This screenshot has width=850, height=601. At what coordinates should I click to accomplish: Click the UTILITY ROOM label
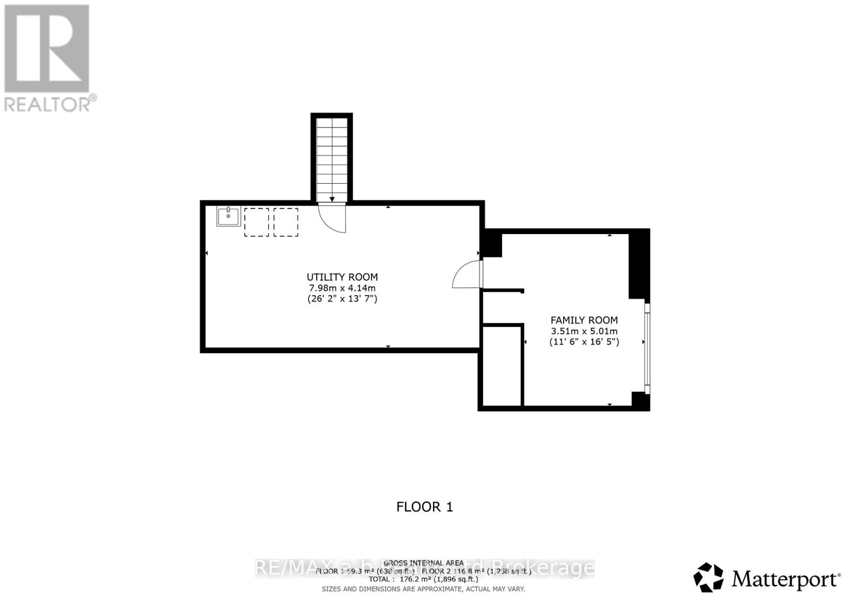[342, 277]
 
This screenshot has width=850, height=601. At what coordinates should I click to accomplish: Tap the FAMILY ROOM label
[584, 320]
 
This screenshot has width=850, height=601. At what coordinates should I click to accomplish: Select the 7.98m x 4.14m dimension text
[342, 288]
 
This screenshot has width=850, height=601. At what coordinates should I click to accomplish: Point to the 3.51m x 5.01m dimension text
[584, 331]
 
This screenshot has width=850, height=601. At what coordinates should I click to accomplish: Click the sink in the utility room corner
[228, 216]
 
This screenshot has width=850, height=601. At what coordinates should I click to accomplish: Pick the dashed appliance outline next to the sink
[257, 222]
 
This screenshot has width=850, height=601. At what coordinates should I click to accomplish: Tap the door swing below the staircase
[333, 218]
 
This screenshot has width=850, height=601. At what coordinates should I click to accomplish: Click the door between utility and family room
[467, 274]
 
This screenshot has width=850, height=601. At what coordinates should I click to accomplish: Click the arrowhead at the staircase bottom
[332, 199]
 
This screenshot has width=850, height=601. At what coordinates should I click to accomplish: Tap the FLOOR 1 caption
[424, 507]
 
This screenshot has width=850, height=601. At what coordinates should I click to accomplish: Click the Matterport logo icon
[708, 577]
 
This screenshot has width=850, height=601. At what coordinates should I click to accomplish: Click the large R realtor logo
[47, 48]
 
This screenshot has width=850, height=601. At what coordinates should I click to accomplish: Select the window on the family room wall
[647, 348]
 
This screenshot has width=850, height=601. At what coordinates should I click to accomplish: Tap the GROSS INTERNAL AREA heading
[423, 563]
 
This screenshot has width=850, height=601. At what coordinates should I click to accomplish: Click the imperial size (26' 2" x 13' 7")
[342, 299]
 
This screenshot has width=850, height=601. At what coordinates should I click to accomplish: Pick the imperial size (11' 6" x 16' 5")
[584, 342]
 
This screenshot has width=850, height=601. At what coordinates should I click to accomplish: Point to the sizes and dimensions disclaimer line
[423, 589]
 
